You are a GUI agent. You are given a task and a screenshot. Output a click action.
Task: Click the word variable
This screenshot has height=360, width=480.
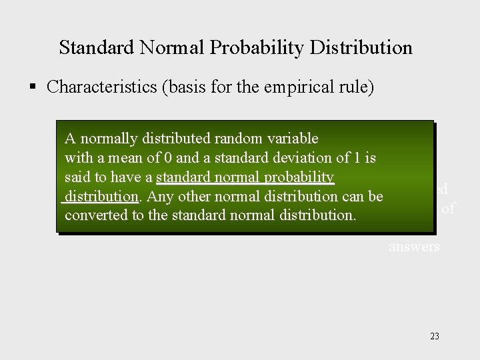click(x=293, y=139)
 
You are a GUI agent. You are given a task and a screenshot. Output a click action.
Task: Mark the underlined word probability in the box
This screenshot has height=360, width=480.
click(x=299, y=177)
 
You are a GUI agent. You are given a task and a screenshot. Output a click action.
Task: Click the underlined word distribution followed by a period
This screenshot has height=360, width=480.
click(x=100, y=197)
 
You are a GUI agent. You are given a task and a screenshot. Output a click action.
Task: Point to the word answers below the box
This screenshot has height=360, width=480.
click(x=414, y=247)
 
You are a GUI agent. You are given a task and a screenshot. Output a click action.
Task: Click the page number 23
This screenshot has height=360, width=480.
click(x=435, y=336)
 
